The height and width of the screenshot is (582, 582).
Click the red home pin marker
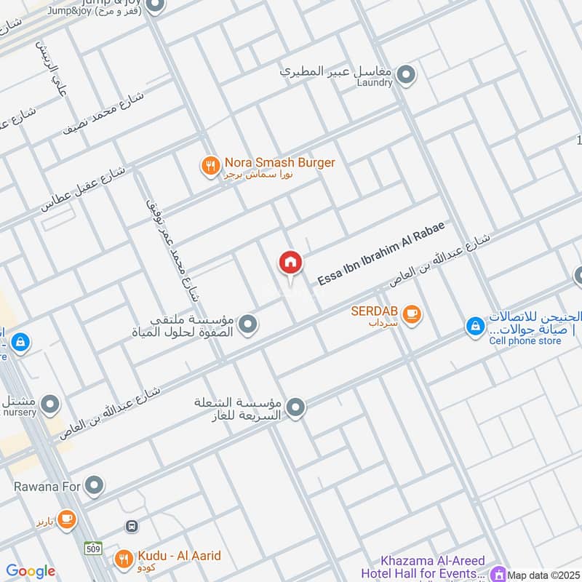tap(290, 263)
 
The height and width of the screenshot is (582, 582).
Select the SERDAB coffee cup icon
tap(412, 314)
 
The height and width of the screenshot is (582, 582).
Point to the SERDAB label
tap(375, 311)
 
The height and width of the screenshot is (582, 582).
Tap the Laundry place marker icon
tap(406, 73)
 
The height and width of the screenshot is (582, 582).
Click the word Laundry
tap(375, 83)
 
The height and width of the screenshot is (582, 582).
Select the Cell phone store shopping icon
tap(475, 327)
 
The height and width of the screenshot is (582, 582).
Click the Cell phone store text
tap(525, 340)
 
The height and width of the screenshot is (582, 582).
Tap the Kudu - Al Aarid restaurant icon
tap(124, 558)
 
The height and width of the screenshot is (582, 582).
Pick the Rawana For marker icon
tap(94, 484)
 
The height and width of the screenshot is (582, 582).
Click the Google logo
tap(30, 571)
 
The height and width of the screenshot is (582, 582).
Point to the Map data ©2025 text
tap(544, 575)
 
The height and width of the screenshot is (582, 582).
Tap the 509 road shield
tap(92, 546)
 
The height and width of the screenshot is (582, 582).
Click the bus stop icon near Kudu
tap(132, 525)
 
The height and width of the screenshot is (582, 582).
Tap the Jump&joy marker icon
tap(154, 7)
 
